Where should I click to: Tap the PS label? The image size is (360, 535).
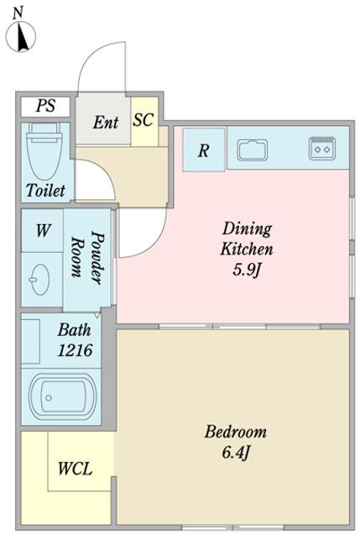[45, 106]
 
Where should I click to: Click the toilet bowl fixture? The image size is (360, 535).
[44, 151]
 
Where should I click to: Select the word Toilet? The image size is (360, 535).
[45, 190]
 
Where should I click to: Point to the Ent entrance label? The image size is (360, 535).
[106, 122]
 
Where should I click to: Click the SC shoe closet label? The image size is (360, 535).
[143, 120]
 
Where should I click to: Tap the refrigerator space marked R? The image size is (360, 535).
[204, 149]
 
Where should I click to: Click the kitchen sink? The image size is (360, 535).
[253, 149]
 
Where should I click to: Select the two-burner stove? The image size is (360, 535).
[322, 148]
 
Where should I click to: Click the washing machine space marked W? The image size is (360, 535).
[42, 230]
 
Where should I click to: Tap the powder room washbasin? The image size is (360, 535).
[40, 280]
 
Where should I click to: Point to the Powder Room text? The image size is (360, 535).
[87, 258]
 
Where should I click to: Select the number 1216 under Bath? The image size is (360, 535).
[75, 350]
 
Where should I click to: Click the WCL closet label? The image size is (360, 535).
[75, 469]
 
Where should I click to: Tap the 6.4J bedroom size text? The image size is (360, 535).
[237, 453]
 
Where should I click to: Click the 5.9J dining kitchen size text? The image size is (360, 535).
[247, 270]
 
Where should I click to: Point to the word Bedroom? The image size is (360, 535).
[236, 432]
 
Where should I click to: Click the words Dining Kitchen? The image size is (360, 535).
[247, 239]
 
